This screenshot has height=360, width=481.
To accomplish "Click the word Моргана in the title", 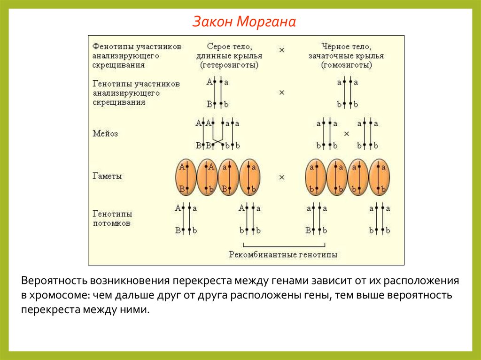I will coord(266,22).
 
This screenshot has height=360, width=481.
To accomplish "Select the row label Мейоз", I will coord(105,133).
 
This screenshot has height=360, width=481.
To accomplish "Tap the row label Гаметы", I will coord(107,176).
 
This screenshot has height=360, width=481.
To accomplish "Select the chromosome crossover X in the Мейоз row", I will coord(217,139).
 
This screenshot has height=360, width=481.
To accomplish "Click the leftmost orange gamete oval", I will coord(186,177).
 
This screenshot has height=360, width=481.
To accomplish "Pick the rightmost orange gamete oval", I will coord(380,177).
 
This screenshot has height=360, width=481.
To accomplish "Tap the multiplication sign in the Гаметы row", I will coord(282,177).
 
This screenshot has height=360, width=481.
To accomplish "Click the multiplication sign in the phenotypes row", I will coord(282,49).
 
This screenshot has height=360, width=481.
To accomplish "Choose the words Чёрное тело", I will coord(347,46).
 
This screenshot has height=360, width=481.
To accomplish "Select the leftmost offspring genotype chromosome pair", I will coord(186,219).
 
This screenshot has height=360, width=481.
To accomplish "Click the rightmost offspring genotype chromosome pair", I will coord(380,219).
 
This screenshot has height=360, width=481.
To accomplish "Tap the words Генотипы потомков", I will coord(112,218).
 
